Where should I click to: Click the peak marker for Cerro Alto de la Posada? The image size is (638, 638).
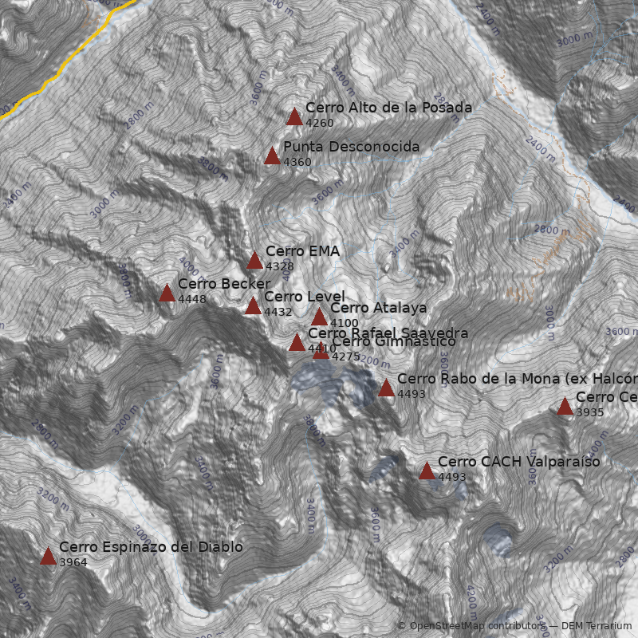pos(294,117)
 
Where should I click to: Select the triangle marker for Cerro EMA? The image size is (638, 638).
pos(254,261)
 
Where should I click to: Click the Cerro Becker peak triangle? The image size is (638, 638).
pos(167,293)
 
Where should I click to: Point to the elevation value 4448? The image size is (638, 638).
pos(192,299)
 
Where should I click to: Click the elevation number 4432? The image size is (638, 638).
pos(278,312)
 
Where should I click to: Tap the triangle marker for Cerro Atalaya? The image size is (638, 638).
pos(319,317)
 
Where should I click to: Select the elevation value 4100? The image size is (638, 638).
pos(344,323)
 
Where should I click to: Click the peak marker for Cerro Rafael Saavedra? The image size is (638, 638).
pos(297,343)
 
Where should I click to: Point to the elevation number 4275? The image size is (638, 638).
pos(345,356)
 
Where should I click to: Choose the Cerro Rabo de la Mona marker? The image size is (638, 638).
pos(386,388)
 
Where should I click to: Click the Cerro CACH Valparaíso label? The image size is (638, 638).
pos(518,462)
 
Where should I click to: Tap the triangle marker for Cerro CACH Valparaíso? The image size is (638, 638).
pos(427,471)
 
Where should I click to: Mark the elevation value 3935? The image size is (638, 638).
pos(589,412)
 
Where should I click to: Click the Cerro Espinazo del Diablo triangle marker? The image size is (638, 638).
pos(48,557)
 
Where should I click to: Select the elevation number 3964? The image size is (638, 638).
pos(73,562)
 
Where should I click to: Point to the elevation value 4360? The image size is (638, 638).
pos(297,162)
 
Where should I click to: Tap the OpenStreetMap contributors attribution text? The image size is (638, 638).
pos(471,626)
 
